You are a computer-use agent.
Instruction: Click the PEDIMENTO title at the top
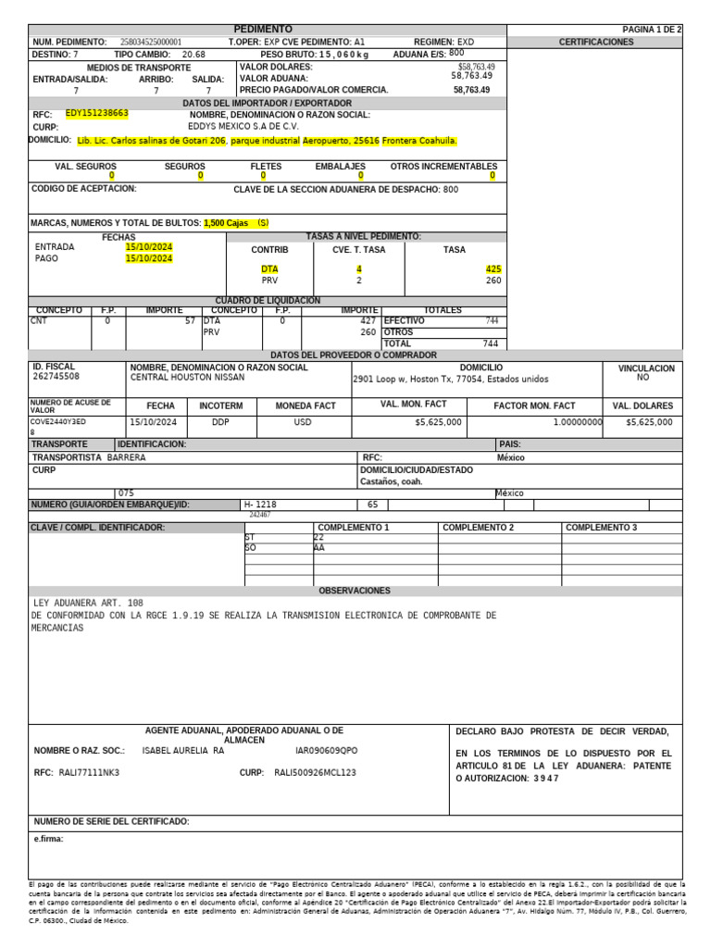(262, 30)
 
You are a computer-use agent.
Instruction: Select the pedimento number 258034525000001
(151, 43)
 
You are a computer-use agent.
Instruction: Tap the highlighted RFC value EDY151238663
(97, 113)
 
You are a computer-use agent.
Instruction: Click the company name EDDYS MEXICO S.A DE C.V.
(243, 126)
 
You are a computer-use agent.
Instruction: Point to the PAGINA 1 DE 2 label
(652, 30)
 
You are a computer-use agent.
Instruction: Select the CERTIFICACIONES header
(596, 43)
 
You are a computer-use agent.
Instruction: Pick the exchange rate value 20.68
(193, 55)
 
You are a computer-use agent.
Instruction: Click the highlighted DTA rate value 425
(493, 268)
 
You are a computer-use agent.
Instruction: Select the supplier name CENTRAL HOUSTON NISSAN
(187, 378)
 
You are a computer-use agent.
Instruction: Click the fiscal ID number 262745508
(56, 378)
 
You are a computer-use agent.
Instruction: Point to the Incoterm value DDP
(220, 422)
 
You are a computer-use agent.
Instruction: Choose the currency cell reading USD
(303, 422)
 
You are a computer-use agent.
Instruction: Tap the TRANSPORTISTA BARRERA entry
(89, 457)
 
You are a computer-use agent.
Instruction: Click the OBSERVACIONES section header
(355, 591)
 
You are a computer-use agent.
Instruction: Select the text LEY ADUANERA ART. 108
(88, 603)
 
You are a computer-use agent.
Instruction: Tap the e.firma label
(48, 840)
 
